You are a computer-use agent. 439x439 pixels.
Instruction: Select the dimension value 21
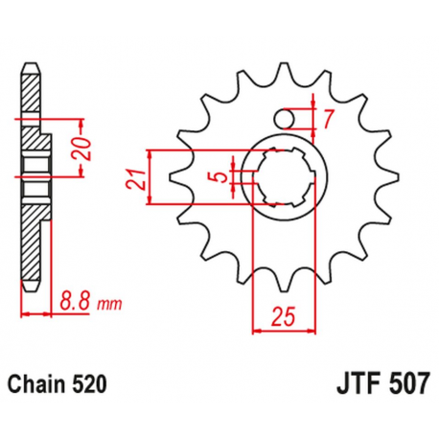click(x=138, y=178)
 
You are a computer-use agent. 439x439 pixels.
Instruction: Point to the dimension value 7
click(x=327, y=119)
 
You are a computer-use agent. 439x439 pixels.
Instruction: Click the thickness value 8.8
click(x=75, y=298)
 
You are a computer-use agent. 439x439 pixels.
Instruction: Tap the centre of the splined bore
click(x=282, y=178)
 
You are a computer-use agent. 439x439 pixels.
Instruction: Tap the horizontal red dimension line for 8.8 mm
click(x=35, y=313)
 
